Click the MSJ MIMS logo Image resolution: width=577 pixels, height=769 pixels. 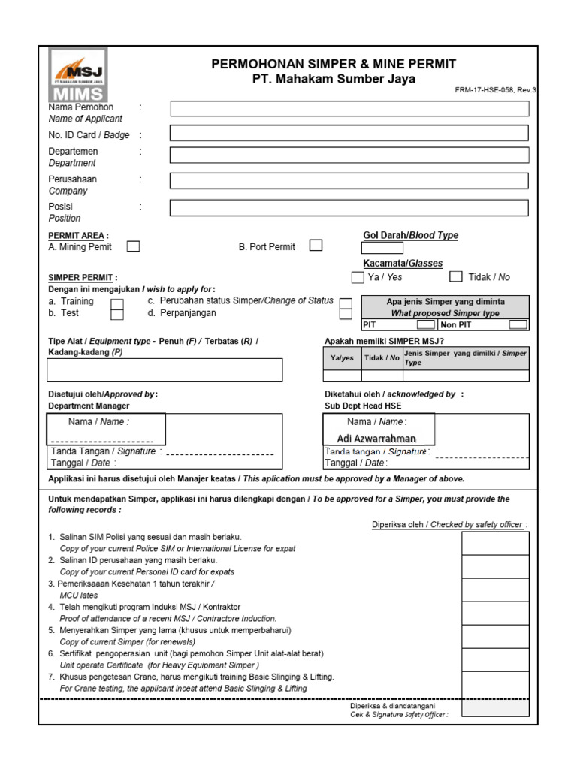tap(78, 75)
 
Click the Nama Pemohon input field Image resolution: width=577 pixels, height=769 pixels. tap(349, 109)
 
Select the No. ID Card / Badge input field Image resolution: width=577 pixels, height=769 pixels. tap(349, 134)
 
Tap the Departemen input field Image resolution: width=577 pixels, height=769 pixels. tap(349, 155)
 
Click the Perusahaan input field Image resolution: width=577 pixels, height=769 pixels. tap(349, 181)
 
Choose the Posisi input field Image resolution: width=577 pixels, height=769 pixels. tap(349, 208)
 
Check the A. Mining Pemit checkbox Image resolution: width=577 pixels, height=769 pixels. tap(133, 246)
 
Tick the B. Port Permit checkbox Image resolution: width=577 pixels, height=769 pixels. tap(316, 246)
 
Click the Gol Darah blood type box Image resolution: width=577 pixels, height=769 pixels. tap(382, 249)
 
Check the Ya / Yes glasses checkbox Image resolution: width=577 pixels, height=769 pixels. tap(358, 277)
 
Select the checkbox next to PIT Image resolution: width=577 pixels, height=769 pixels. tap(426, 325)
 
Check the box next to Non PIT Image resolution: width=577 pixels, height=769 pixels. tap(518, 325)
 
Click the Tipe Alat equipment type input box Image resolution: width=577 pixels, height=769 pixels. tap(165, 369)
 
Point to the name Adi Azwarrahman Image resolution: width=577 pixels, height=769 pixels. tap(376, 439)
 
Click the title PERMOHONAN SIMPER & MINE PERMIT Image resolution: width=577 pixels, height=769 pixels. tap(334, 64)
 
